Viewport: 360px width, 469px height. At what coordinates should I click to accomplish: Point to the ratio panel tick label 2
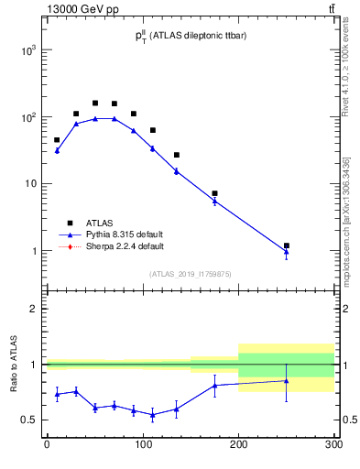point(33,309)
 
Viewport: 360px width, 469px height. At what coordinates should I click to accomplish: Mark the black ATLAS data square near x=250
point(287,245)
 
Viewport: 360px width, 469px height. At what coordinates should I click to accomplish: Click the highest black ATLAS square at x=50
point(95,103)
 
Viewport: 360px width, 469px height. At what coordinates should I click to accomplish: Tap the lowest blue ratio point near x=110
point(152,415)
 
